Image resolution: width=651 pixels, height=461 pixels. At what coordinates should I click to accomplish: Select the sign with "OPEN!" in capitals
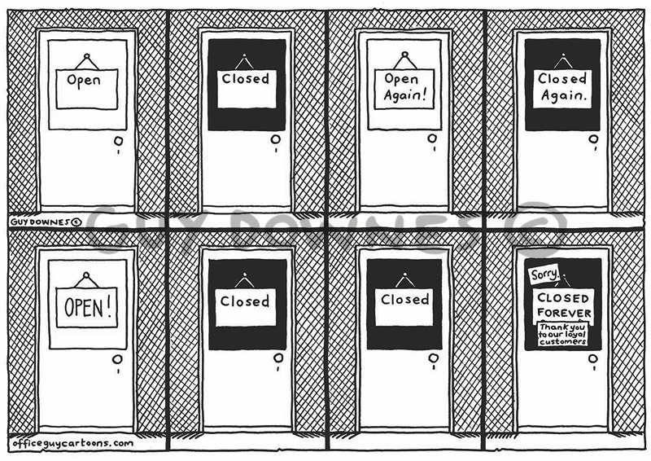tap(86, 307)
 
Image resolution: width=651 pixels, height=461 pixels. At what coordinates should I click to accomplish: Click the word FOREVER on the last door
tap(563, 314)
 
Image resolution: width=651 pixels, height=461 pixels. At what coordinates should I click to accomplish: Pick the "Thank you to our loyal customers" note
tap(563, 334)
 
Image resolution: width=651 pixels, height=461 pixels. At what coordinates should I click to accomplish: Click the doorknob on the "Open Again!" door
tap(431, 139)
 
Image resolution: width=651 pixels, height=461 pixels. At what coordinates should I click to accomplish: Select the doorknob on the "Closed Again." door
tap(593, 139)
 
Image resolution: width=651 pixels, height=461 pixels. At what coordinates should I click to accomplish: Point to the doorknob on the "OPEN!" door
tap(119, 359)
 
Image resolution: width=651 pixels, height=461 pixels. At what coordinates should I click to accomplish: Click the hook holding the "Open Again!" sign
tap(404, 55)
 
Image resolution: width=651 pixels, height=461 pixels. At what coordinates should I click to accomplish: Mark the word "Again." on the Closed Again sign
tap(562, 96)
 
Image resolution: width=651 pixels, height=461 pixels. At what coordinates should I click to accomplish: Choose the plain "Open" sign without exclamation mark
tap(85, 81)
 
